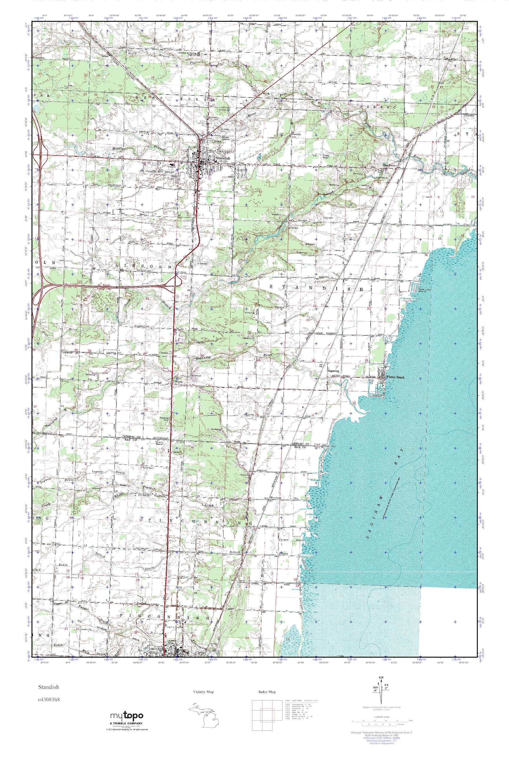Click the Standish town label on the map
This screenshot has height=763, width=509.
[223, 158]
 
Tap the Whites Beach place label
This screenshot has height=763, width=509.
[395, 377]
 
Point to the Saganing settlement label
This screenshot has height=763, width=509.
[333, 371]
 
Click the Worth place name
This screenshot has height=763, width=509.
[179, 382]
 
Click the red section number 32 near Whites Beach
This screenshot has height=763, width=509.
[354, 403]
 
